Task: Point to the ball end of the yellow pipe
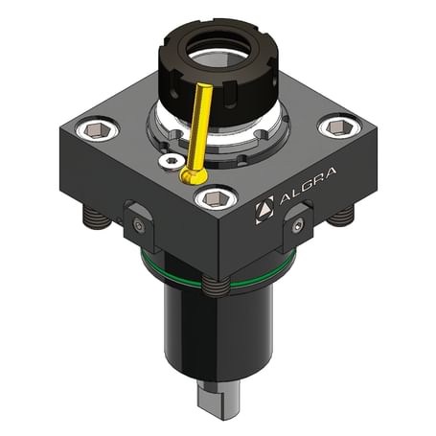(190, 177)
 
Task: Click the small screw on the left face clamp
(140, 226)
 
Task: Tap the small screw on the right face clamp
(298, 226)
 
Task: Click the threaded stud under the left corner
(95, 218)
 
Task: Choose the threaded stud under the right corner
(340, 218)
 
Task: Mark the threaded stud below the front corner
(217, 285)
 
